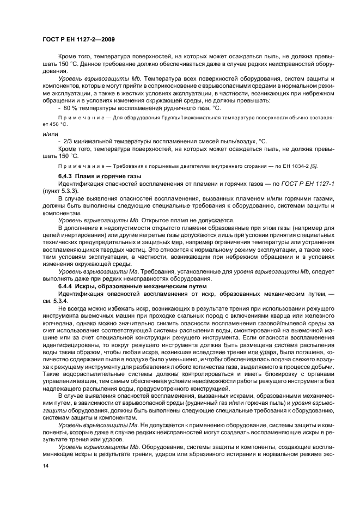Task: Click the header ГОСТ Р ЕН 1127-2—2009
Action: coord(78,39)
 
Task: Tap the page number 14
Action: coord(45,466)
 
